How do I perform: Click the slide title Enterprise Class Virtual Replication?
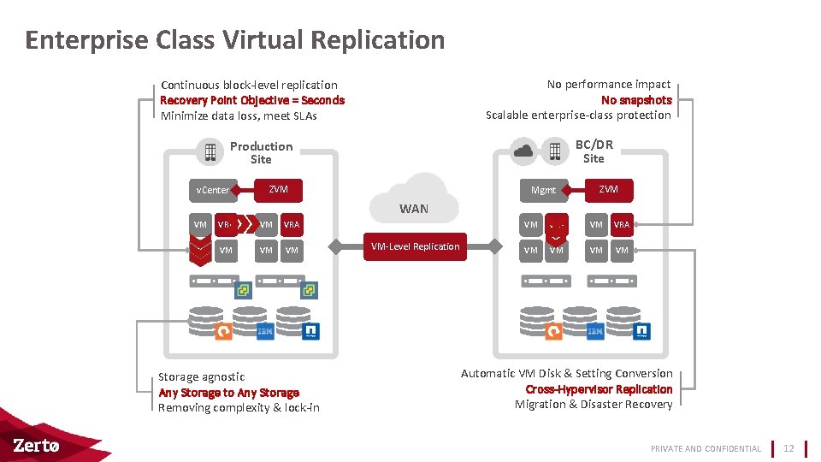[235, 40]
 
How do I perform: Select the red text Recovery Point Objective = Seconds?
[252, 100]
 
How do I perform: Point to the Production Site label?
[261, 152]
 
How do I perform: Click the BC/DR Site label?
[594, 151]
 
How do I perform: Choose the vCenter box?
[213, 190]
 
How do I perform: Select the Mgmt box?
[543, 190]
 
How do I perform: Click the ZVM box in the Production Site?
[278, 189]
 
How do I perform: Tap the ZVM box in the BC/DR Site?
[608, 189]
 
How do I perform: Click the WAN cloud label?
[414, 209]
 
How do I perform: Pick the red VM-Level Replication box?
[415, 246]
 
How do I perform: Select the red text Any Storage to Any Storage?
[228, 393]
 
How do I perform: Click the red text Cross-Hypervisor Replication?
[599, 389]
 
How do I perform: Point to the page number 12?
[789, 448]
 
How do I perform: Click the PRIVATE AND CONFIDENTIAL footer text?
[706, 448]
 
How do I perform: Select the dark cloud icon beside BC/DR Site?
[523, 151]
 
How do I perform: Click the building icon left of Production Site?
[209, 152]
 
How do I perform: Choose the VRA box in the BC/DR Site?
[621, 224]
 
